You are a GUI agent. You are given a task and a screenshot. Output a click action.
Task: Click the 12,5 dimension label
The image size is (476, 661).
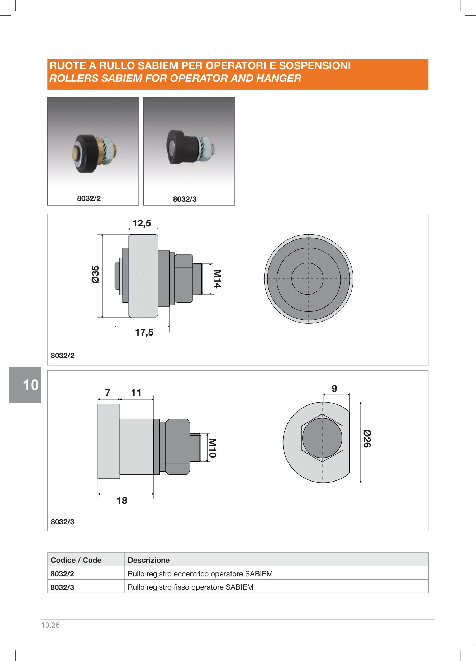pyautogui.click(x=142, y=223)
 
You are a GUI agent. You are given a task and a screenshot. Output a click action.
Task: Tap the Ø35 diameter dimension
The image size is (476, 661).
pyautogui.click(x=95, y=275)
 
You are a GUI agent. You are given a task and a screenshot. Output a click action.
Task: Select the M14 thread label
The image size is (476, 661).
pyautogui.click(x=217, y=279)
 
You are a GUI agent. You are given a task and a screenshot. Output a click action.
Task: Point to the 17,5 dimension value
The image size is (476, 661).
pyautogui.click(x=144, y=332)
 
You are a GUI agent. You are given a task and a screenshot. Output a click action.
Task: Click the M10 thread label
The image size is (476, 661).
pyautogui.click(x=212, y=448)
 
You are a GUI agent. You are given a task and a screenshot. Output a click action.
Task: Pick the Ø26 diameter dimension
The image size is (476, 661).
pyautogui.click(x=367, y=439)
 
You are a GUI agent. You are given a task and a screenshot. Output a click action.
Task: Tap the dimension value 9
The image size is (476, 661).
pyautogui.click(x=334, y=389)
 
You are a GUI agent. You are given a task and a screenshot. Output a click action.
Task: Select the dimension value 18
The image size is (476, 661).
pyautogui.click(x=122, y=501)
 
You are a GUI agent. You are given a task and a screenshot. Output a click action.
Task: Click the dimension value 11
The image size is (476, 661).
pyautogui.click(x=136, y=393)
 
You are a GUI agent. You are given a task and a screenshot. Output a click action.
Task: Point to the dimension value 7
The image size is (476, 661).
pyautogui.click(x=108, y=393)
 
